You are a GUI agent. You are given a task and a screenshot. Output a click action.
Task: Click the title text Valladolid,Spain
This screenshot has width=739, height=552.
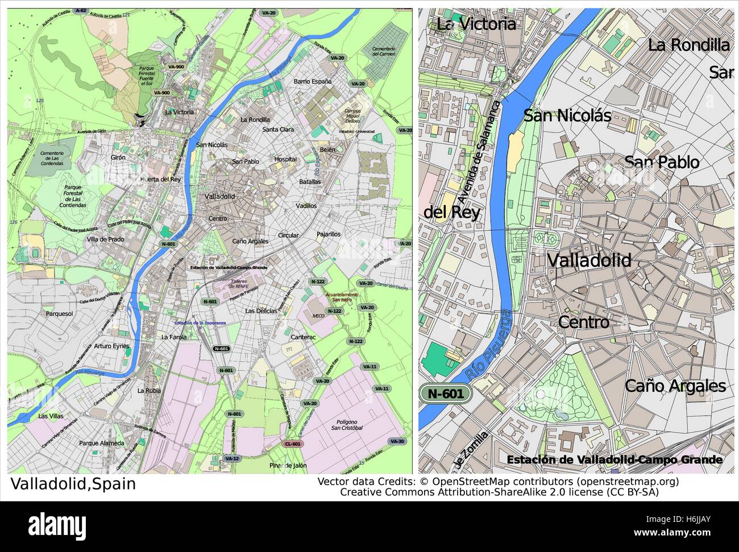73,484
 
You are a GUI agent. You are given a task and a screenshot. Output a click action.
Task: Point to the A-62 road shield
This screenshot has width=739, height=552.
65,11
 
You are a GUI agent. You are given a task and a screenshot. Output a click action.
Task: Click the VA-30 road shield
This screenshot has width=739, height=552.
397,441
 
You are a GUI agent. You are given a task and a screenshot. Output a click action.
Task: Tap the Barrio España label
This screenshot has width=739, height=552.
312,81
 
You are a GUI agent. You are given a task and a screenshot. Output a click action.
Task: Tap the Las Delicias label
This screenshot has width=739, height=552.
261,311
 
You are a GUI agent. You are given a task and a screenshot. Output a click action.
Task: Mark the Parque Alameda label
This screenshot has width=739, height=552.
102,443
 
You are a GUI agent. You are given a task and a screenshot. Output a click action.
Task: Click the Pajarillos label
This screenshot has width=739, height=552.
328,234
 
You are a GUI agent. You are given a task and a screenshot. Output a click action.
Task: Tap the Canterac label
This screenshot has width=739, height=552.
303,337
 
